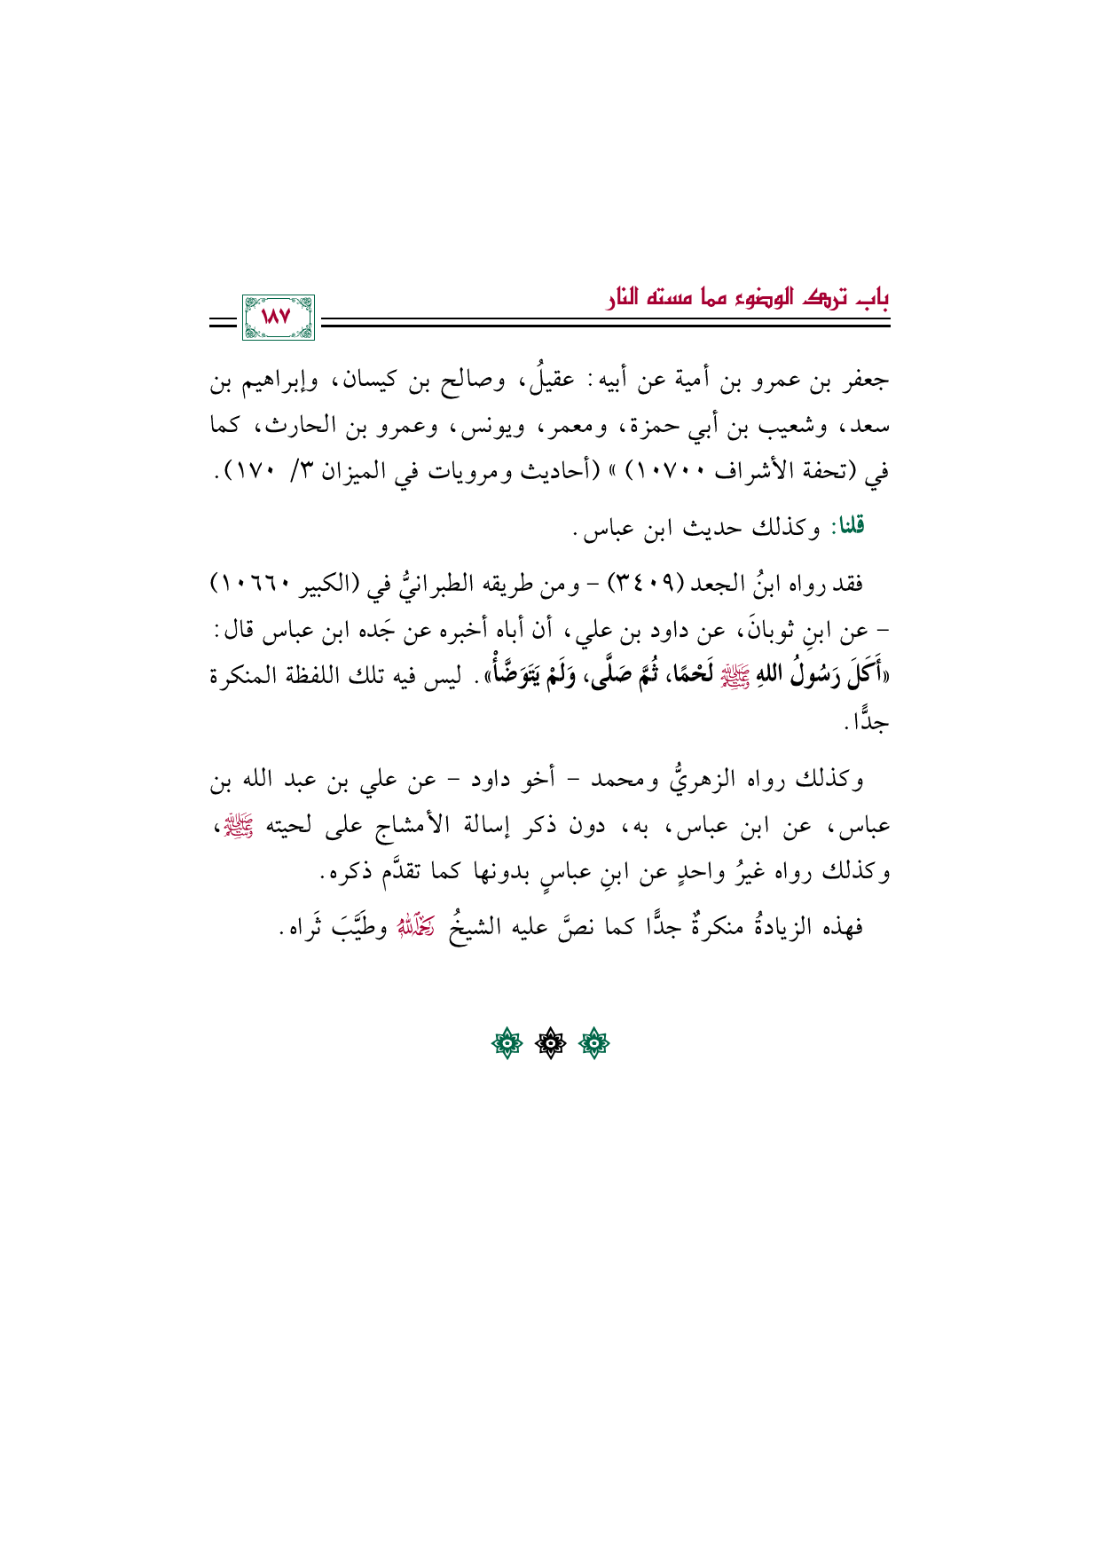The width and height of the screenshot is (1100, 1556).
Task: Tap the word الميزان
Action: [360, 472]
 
